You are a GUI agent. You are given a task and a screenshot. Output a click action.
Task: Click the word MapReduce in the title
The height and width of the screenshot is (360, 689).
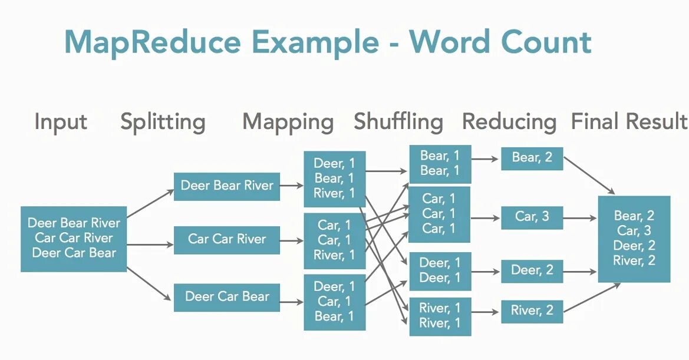pos(152,42)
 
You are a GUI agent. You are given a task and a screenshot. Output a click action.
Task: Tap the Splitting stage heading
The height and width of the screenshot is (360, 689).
pos(163,122)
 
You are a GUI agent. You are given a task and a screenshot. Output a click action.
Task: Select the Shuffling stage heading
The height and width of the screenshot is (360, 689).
pos(398,122)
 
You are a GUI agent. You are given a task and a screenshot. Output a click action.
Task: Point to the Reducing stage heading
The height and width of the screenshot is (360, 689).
pos(509,122)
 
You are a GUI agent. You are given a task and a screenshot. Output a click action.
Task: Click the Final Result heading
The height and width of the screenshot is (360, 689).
pos(629,122)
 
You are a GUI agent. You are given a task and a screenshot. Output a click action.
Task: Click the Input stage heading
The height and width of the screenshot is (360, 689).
pos(61,122)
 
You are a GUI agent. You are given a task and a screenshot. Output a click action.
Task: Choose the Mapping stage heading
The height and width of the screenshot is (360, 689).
pos(288,122)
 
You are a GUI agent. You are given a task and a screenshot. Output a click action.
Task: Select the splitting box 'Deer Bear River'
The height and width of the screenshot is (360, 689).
pos(227,186)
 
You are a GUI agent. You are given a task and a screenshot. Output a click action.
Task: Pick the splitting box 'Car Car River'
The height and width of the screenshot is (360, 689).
pos(227,239)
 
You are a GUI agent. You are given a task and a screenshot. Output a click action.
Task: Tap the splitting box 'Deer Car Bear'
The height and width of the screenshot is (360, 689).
pos(227,297)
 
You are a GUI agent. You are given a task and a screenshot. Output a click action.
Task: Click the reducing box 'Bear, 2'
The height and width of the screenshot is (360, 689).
pos(532,158)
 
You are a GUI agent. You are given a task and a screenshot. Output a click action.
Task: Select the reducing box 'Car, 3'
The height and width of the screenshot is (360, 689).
pos(532,217)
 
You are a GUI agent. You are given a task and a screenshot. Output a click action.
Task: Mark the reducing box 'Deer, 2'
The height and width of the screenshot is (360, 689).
pos(532,271)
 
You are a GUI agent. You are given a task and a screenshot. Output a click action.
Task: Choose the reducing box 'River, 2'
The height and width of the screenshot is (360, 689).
pos(532,311)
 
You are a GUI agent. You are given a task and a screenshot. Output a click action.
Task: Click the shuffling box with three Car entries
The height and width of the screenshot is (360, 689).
pos(439,214)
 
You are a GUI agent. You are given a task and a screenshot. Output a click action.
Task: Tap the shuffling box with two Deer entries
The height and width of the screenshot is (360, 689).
pos(439,271)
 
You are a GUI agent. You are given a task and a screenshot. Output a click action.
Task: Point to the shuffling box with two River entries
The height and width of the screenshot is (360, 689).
pos(439,316)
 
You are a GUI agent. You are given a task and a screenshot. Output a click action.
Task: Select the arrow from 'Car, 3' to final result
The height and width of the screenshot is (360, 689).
pos(580,218)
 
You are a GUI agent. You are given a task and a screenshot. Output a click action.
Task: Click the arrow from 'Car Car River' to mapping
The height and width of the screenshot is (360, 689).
pos(292,240)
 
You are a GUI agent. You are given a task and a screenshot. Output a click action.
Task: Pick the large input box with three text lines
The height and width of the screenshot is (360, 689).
pos(74,239)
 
